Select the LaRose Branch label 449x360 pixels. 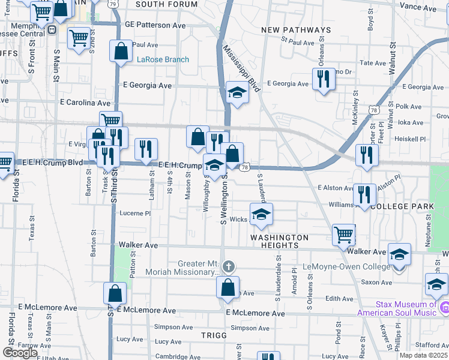coord(163,59)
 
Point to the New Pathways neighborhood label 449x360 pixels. coord(297,30)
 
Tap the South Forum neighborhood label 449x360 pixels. coord(166,4)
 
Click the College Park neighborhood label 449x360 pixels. coord(402,206)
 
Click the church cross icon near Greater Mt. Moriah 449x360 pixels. coord(228,266)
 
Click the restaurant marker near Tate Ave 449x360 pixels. coord(324,79)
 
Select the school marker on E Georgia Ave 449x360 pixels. coord(237,92)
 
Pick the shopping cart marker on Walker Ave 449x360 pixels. coord(344,235)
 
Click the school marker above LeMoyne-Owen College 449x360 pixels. coord(399,254)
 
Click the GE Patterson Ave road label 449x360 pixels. coord(155,26)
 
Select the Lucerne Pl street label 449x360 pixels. coord(134,213)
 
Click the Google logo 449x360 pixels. coord(19,353)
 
